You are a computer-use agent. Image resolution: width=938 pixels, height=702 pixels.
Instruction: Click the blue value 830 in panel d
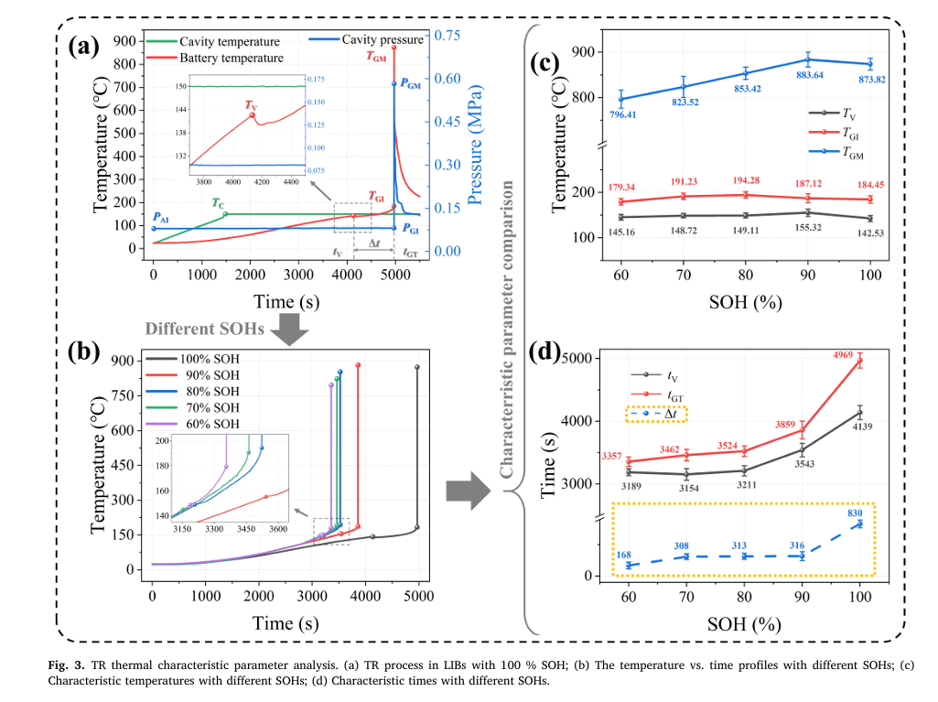[857, 513]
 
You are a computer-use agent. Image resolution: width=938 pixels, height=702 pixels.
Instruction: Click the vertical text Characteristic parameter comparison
[504, 328]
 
